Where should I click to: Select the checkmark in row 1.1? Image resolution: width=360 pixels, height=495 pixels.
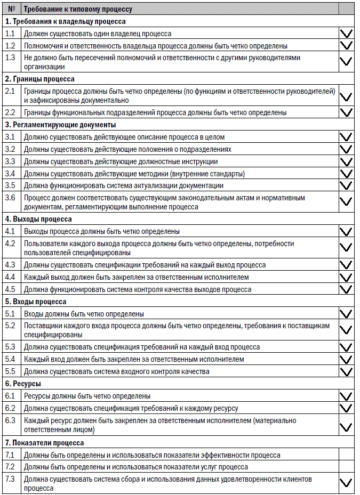(346, 34)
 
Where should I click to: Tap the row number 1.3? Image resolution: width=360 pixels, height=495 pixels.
(10, 58)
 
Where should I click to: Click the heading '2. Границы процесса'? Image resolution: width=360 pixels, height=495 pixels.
(40, 79)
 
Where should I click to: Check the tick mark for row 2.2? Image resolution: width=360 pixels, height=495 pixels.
(346, 112)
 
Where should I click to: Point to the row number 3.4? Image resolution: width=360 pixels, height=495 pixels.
(10, 174)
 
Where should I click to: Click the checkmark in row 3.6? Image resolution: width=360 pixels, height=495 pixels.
(346, 201)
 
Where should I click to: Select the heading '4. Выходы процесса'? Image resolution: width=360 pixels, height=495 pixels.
(38, 219)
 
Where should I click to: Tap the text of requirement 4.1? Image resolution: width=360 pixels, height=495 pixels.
(102, 231)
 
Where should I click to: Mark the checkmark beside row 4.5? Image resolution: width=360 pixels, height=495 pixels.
(346, 289)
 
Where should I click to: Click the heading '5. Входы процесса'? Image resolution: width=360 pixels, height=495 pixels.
(36, 302)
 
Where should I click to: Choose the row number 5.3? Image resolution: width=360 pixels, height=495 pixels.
(10, 347)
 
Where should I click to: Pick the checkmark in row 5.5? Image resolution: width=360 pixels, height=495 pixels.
(346, 371)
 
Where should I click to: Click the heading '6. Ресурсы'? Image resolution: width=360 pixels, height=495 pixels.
(23, 384)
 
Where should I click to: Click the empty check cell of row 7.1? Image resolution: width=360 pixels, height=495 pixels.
(346, 455)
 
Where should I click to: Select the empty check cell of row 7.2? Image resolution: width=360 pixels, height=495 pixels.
(346, 467)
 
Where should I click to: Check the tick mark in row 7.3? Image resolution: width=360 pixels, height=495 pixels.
(346, 483)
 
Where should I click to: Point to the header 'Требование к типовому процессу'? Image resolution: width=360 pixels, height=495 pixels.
(78, 9)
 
